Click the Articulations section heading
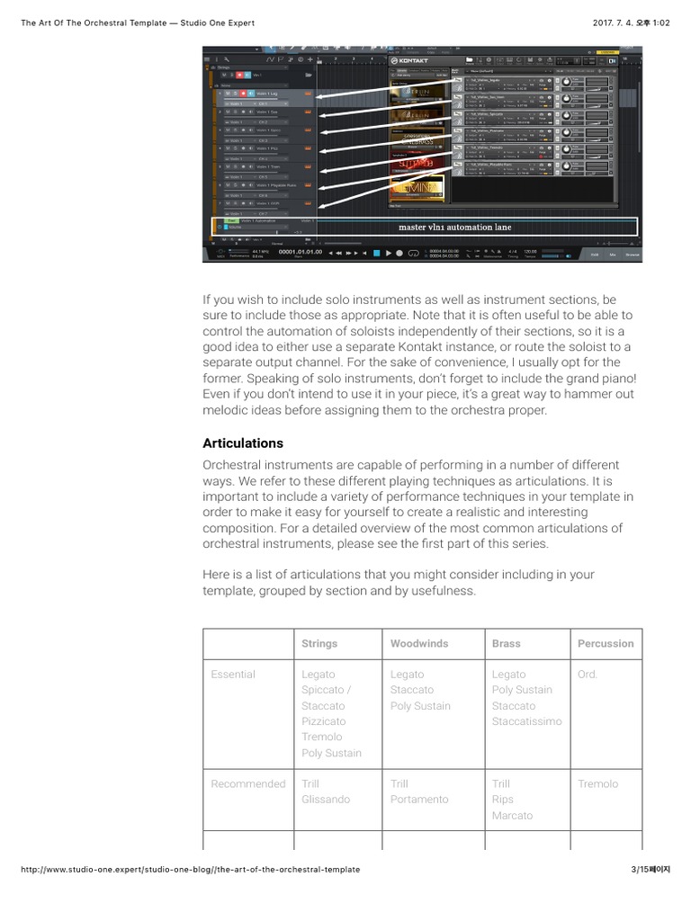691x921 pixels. click(x=243, y=443)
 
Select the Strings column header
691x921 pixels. click(x=319, y=644)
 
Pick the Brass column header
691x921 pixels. click(x=507, y=644)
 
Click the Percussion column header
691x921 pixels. click(x=606, y=644)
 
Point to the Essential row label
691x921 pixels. click(x=233, y=675)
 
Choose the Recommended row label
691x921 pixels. click(x=248, y=784)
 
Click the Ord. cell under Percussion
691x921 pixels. click(x=588, y=675)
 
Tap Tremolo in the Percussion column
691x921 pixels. click(x=598, y=784)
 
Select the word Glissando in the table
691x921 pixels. click(x=326, y=800)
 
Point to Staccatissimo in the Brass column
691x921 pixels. click(x=526, y=721)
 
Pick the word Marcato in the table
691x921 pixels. click(x=512, y=816)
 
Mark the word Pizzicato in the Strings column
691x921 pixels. click(x=324, y=721)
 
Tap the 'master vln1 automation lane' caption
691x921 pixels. click(x=454, y=228)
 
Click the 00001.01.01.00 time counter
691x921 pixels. click(x=300, y=253)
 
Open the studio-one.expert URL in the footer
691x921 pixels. click(x=190, y=870)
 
